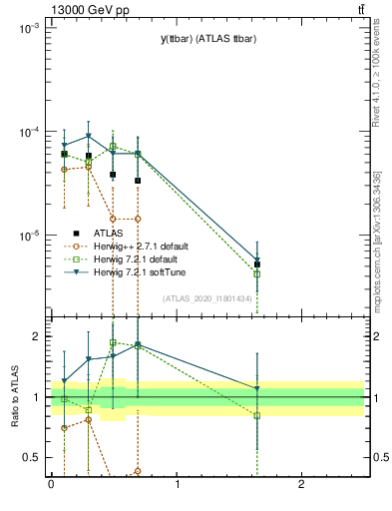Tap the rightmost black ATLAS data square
tap(257, 264)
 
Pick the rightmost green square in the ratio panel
tap(257, 415)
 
